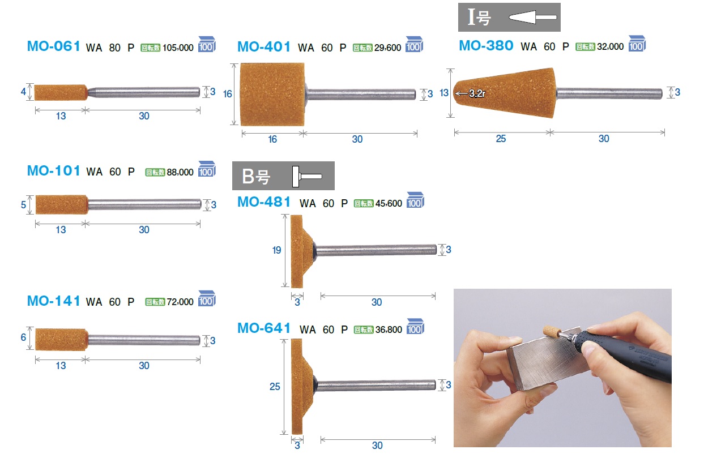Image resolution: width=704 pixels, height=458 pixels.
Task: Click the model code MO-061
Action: click(53, 46)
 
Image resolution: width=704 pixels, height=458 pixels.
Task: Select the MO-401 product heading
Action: click(264, 47)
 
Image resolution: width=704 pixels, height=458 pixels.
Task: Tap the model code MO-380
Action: click(486, 46)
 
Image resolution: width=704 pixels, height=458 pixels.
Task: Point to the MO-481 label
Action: click(264, 202)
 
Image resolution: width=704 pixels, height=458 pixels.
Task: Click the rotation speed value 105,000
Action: click(178, 48)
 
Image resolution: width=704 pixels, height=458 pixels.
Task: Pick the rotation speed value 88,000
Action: click(180, 172)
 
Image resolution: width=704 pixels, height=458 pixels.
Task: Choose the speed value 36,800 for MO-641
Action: click(389, 329)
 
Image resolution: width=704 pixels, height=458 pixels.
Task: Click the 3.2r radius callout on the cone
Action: click(477, 93)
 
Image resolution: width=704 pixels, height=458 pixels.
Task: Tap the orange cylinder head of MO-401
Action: click(272, 94)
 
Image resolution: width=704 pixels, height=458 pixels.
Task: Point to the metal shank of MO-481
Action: click(376, 250)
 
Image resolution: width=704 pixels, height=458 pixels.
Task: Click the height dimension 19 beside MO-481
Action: click(276, 250)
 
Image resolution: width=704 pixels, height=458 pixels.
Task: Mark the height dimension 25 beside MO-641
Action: click(275, 386)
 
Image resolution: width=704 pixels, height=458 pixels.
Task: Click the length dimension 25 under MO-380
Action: click(501, 139)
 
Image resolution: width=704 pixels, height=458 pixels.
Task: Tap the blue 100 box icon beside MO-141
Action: click(207, 298)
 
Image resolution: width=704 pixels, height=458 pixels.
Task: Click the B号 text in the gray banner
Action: click(256, 176)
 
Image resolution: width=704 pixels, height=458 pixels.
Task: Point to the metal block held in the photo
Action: click(547, 361)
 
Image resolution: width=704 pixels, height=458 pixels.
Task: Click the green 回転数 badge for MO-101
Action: click(155, 172)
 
